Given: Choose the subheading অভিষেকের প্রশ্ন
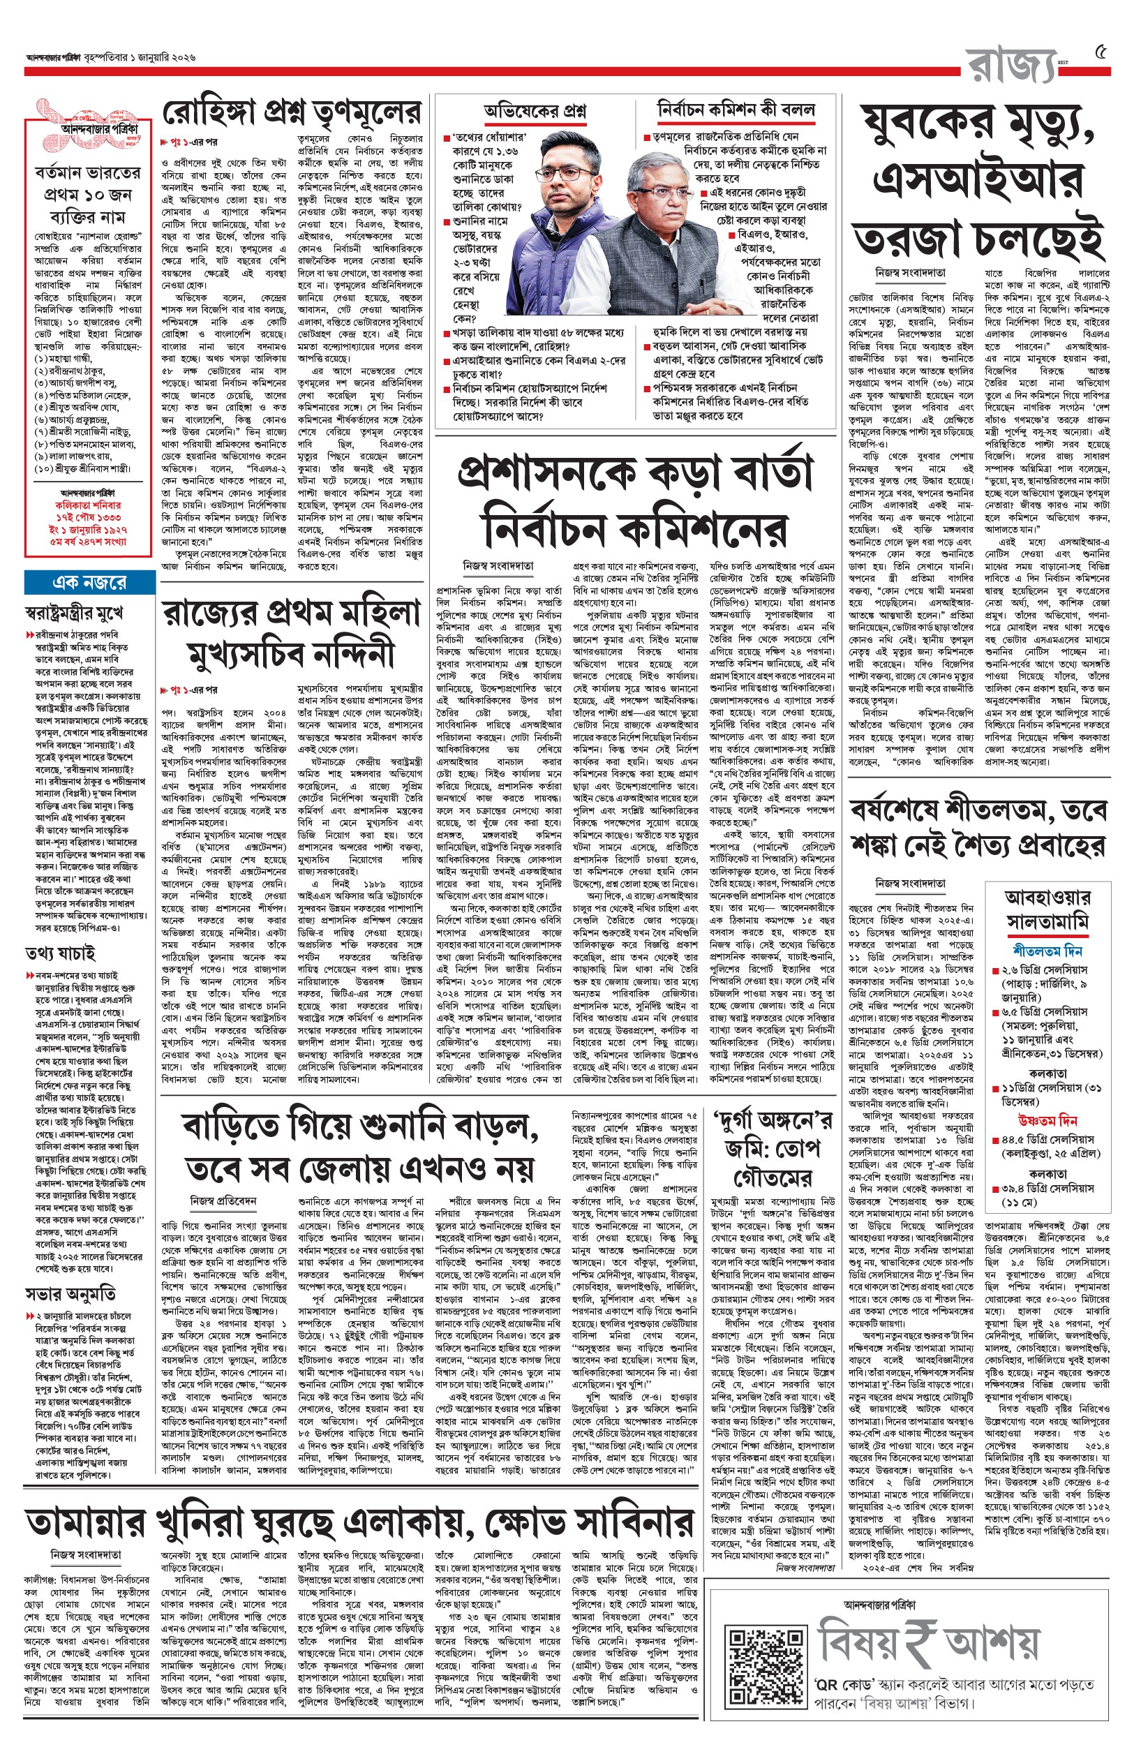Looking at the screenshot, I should pos(535,111).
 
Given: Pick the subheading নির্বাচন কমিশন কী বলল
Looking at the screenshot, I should pos(736,110).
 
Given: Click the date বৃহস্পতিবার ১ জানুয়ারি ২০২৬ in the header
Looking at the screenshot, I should pos(140,57).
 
